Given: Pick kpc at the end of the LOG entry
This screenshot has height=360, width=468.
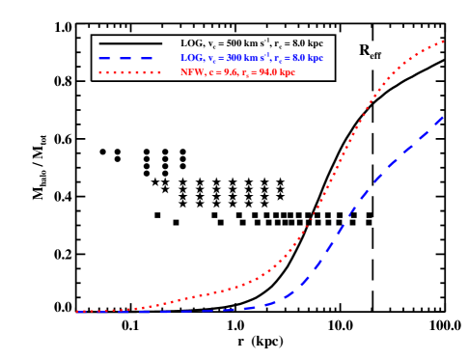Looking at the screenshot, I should click(x=314, y=58).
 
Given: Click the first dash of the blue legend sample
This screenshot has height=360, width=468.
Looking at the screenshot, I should click(x=103, y=58).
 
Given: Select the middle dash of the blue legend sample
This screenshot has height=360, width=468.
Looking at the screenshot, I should click(x=125, y=58).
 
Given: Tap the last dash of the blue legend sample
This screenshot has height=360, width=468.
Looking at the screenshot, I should click(x=148, y=58).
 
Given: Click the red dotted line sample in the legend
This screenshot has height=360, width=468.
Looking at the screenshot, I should click(x=128, y=72).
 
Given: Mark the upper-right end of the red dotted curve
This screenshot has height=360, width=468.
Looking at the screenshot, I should click(x=442, y=42).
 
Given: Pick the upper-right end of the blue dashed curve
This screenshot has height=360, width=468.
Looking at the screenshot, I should click(x=443, y=117).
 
